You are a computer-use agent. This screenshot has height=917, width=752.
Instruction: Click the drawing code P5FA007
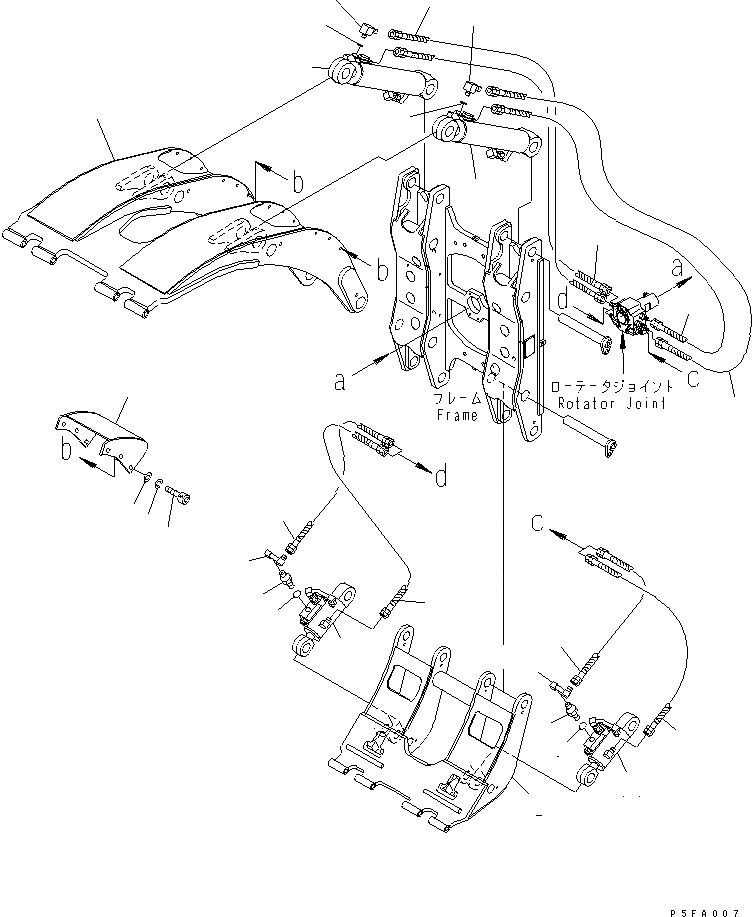pyautogui.click(x=706, y=902)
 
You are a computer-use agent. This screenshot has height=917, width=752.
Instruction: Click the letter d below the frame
pyautogui.click(x=439, y=478)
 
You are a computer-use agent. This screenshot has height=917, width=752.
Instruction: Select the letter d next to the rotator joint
pyautogui.click(x=565, y=297)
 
